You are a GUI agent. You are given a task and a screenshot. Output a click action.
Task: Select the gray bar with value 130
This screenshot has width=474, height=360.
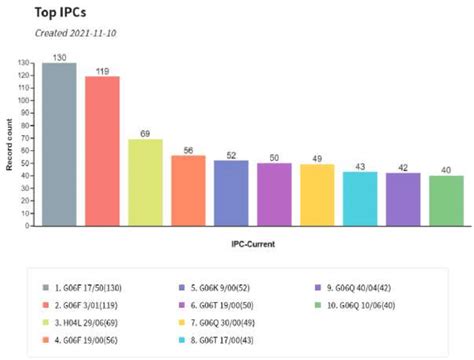[59, 145]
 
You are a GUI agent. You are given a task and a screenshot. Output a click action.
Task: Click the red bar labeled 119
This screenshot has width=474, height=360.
[102, 152]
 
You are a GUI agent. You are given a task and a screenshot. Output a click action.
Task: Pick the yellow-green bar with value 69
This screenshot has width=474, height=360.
[145, 183]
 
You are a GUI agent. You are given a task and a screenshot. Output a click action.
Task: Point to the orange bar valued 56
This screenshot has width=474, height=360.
[188, 191]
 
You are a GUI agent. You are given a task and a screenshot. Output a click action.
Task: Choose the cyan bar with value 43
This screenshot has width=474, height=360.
[360, 199]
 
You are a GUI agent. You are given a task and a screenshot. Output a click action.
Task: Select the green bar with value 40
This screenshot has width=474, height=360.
[446, 201]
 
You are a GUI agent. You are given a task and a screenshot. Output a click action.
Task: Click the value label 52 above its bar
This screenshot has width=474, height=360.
[231, 155]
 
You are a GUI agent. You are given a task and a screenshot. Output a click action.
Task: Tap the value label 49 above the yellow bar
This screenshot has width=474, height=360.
[317, 159]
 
